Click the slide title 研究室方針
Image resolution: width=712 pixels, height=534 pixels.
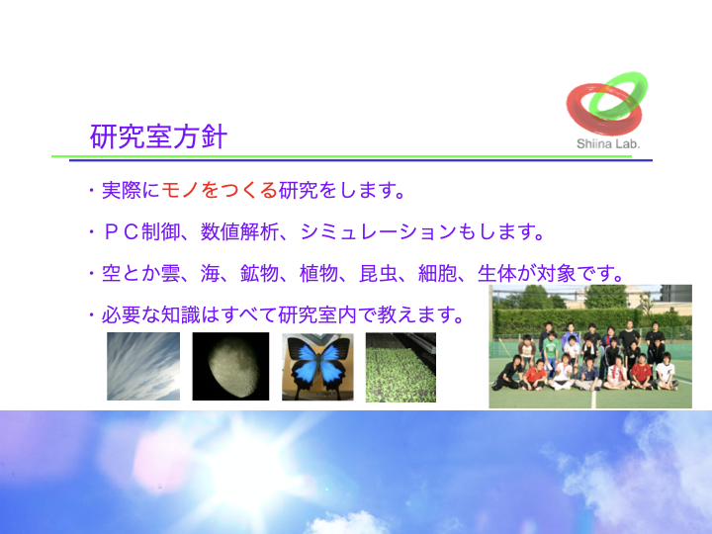coord(158,136)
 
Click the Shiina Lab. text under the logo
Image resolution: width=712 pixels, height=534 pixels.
coord(608,144)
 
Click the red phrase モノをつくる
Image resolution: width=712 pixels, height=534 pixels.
coord(220,190)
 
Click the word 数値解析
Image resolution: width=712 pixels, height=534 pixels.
coord(239,231)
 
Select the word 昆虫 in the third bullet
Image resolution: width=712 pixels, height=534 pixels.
coord(378,273)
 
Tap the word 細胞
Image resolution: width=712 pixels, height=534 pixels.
coord(437,273)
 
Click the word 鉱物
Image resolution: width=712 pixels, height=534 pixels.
coord(259,273)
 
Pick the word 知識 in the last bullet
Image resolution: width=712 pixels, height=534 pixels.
coord(180,314)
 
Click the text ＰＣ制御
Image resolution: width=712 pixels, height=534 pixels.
coord(141,231)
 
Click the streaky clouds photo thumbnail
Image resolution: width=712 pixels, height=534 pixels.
coord(143,367)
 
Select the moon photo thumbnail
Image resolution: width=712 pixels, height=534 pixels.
coord(230,367)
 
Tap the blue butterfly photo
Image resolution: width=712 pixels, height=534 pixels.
coord(317,367)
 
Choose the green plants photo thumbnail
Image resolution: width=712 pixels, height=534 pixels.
coord(400,367)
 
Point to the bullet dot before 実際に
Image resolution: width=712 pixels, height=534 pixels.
coord(92,190)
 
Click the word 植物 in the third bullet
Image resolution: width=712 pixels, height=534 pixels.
coord(318,273)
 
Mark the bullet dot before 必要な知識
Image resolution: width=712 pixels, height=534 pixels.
coord(92,315)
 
